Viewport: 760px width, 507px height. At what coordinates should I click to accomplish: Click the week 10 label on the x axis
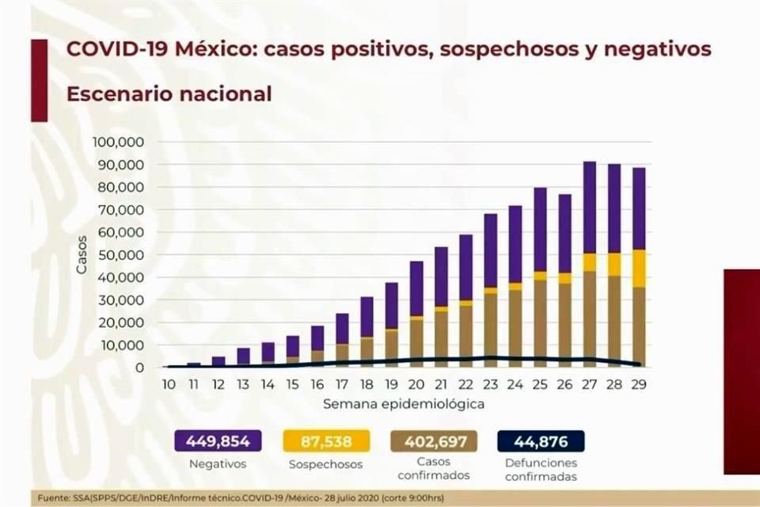(x=169, y=384)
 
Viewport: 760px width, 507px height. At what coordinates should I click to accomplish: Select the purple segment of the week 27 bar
(x=590, y=208)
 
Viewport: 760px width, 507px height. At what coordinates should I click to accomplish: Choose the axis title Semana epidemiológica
(x=404, y=404)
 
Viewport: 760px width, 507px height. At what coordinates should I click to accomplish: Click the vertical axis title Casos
(x=82, y=255)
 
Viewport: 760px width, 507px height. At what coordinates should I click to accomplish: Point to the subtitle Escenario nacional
(x=169, y=93)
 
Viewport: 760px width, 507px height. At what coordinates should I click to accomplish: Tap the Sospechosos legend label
(x=326, y=464)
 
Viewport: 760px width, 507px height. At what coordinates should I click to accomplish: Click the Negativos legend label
(x=216, y=464)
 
